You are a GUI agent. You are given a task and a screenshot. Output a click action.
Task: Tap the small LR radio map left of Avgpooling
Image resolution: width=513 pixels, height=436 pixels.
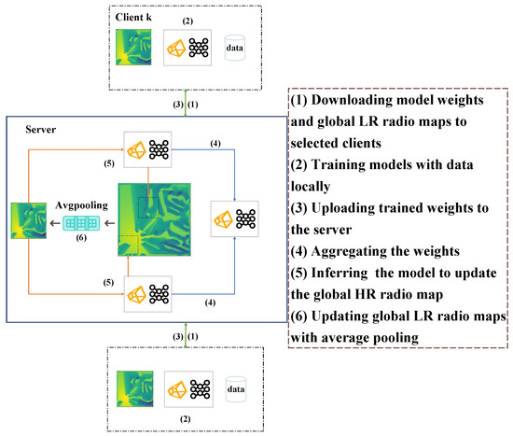tap(28, 225)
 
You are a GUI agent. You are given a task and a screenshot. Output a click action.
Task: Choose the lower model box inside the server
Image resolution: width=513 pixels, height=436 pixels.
tap(152, 293)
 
